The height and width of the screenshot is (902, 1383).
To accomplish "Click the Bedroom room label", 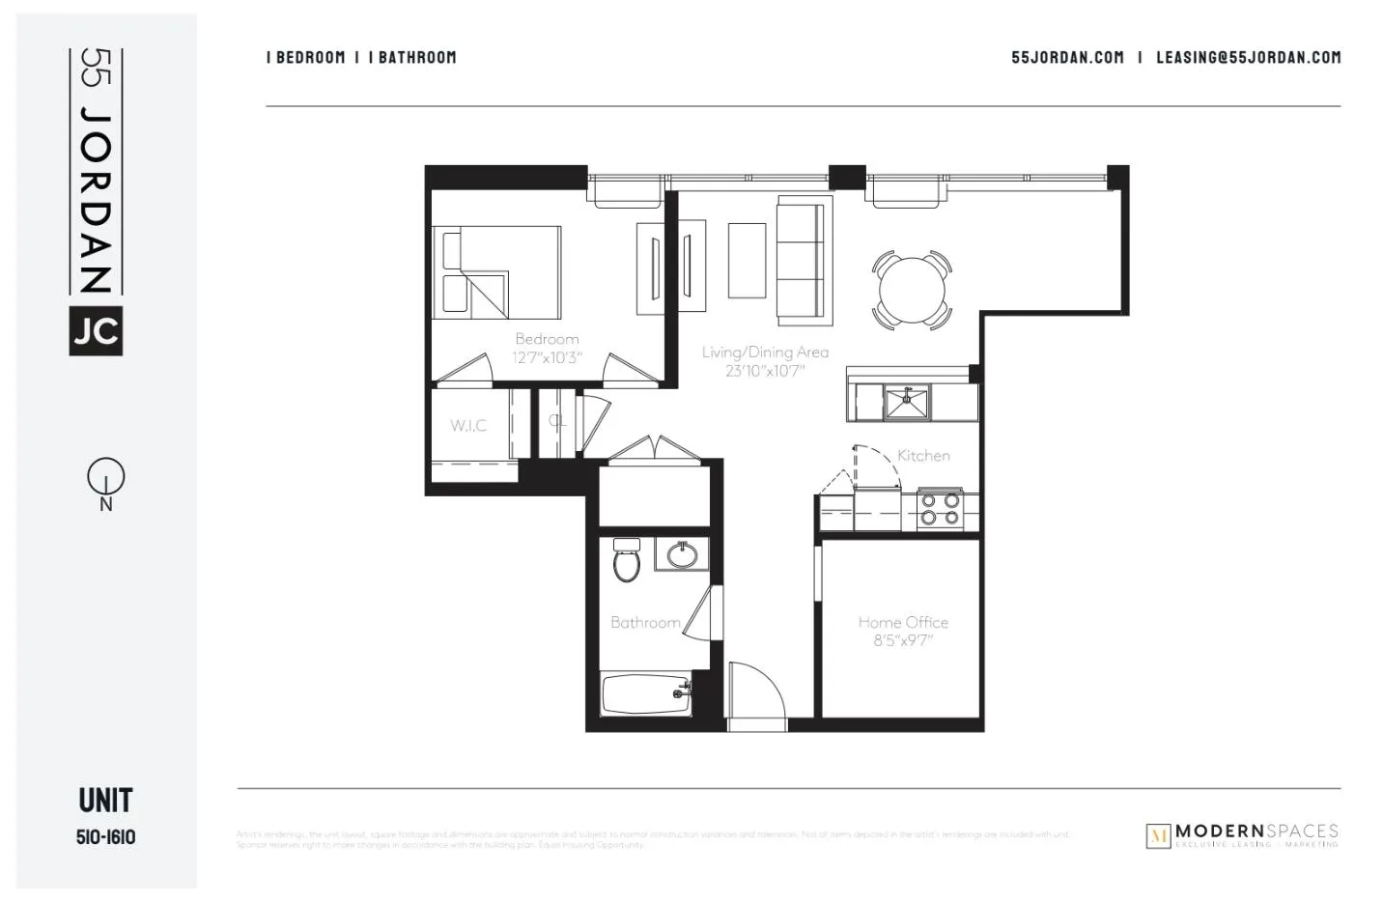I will point(547,339).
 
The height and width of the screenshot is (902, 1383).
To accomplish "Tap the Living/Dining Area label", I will point(765,352).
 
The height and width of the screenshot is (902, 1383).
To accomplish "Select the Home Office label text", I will point(903,623).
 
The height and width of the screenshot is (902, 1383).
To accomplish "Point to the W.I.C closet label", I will point(468,426).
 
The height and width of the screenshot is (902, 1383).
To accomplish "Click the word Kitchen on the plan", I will point(923,456).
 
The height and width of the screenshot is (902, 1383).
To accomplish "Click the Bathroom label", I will point(645,623).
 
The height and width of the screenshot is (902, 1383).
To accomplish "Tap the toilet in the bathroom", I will point(627,561).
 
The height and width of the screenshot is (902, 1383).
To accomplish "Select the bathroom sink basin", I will point(683,555).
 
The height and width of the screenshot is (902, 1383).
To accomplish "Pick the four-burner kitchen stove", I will point(940,509).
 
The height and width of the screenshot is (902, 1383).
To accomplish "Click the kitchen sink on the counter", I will point(907,402).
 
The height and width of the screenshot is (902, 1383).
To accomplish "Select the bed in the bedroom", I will point(497,272).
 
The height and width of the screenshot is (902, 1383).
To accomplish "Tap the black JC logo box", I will point(96,331).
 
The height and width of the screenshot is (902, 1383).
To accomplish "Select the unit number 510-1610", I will point(106,837).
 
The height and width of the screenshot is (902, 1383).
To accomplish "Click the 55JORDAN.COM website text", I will point(1067,58).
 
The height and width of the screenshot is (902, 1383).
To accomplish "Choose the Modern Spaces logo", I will point(1242,835).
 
